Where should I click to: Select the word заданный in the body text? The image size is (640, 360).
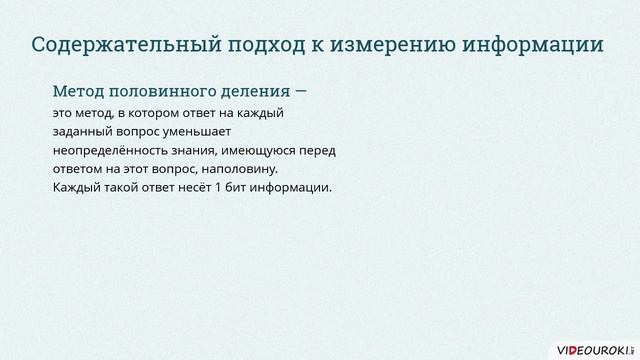coord(81,131)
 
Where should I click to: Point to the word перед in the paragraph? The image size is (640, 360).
coord(315,150)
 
